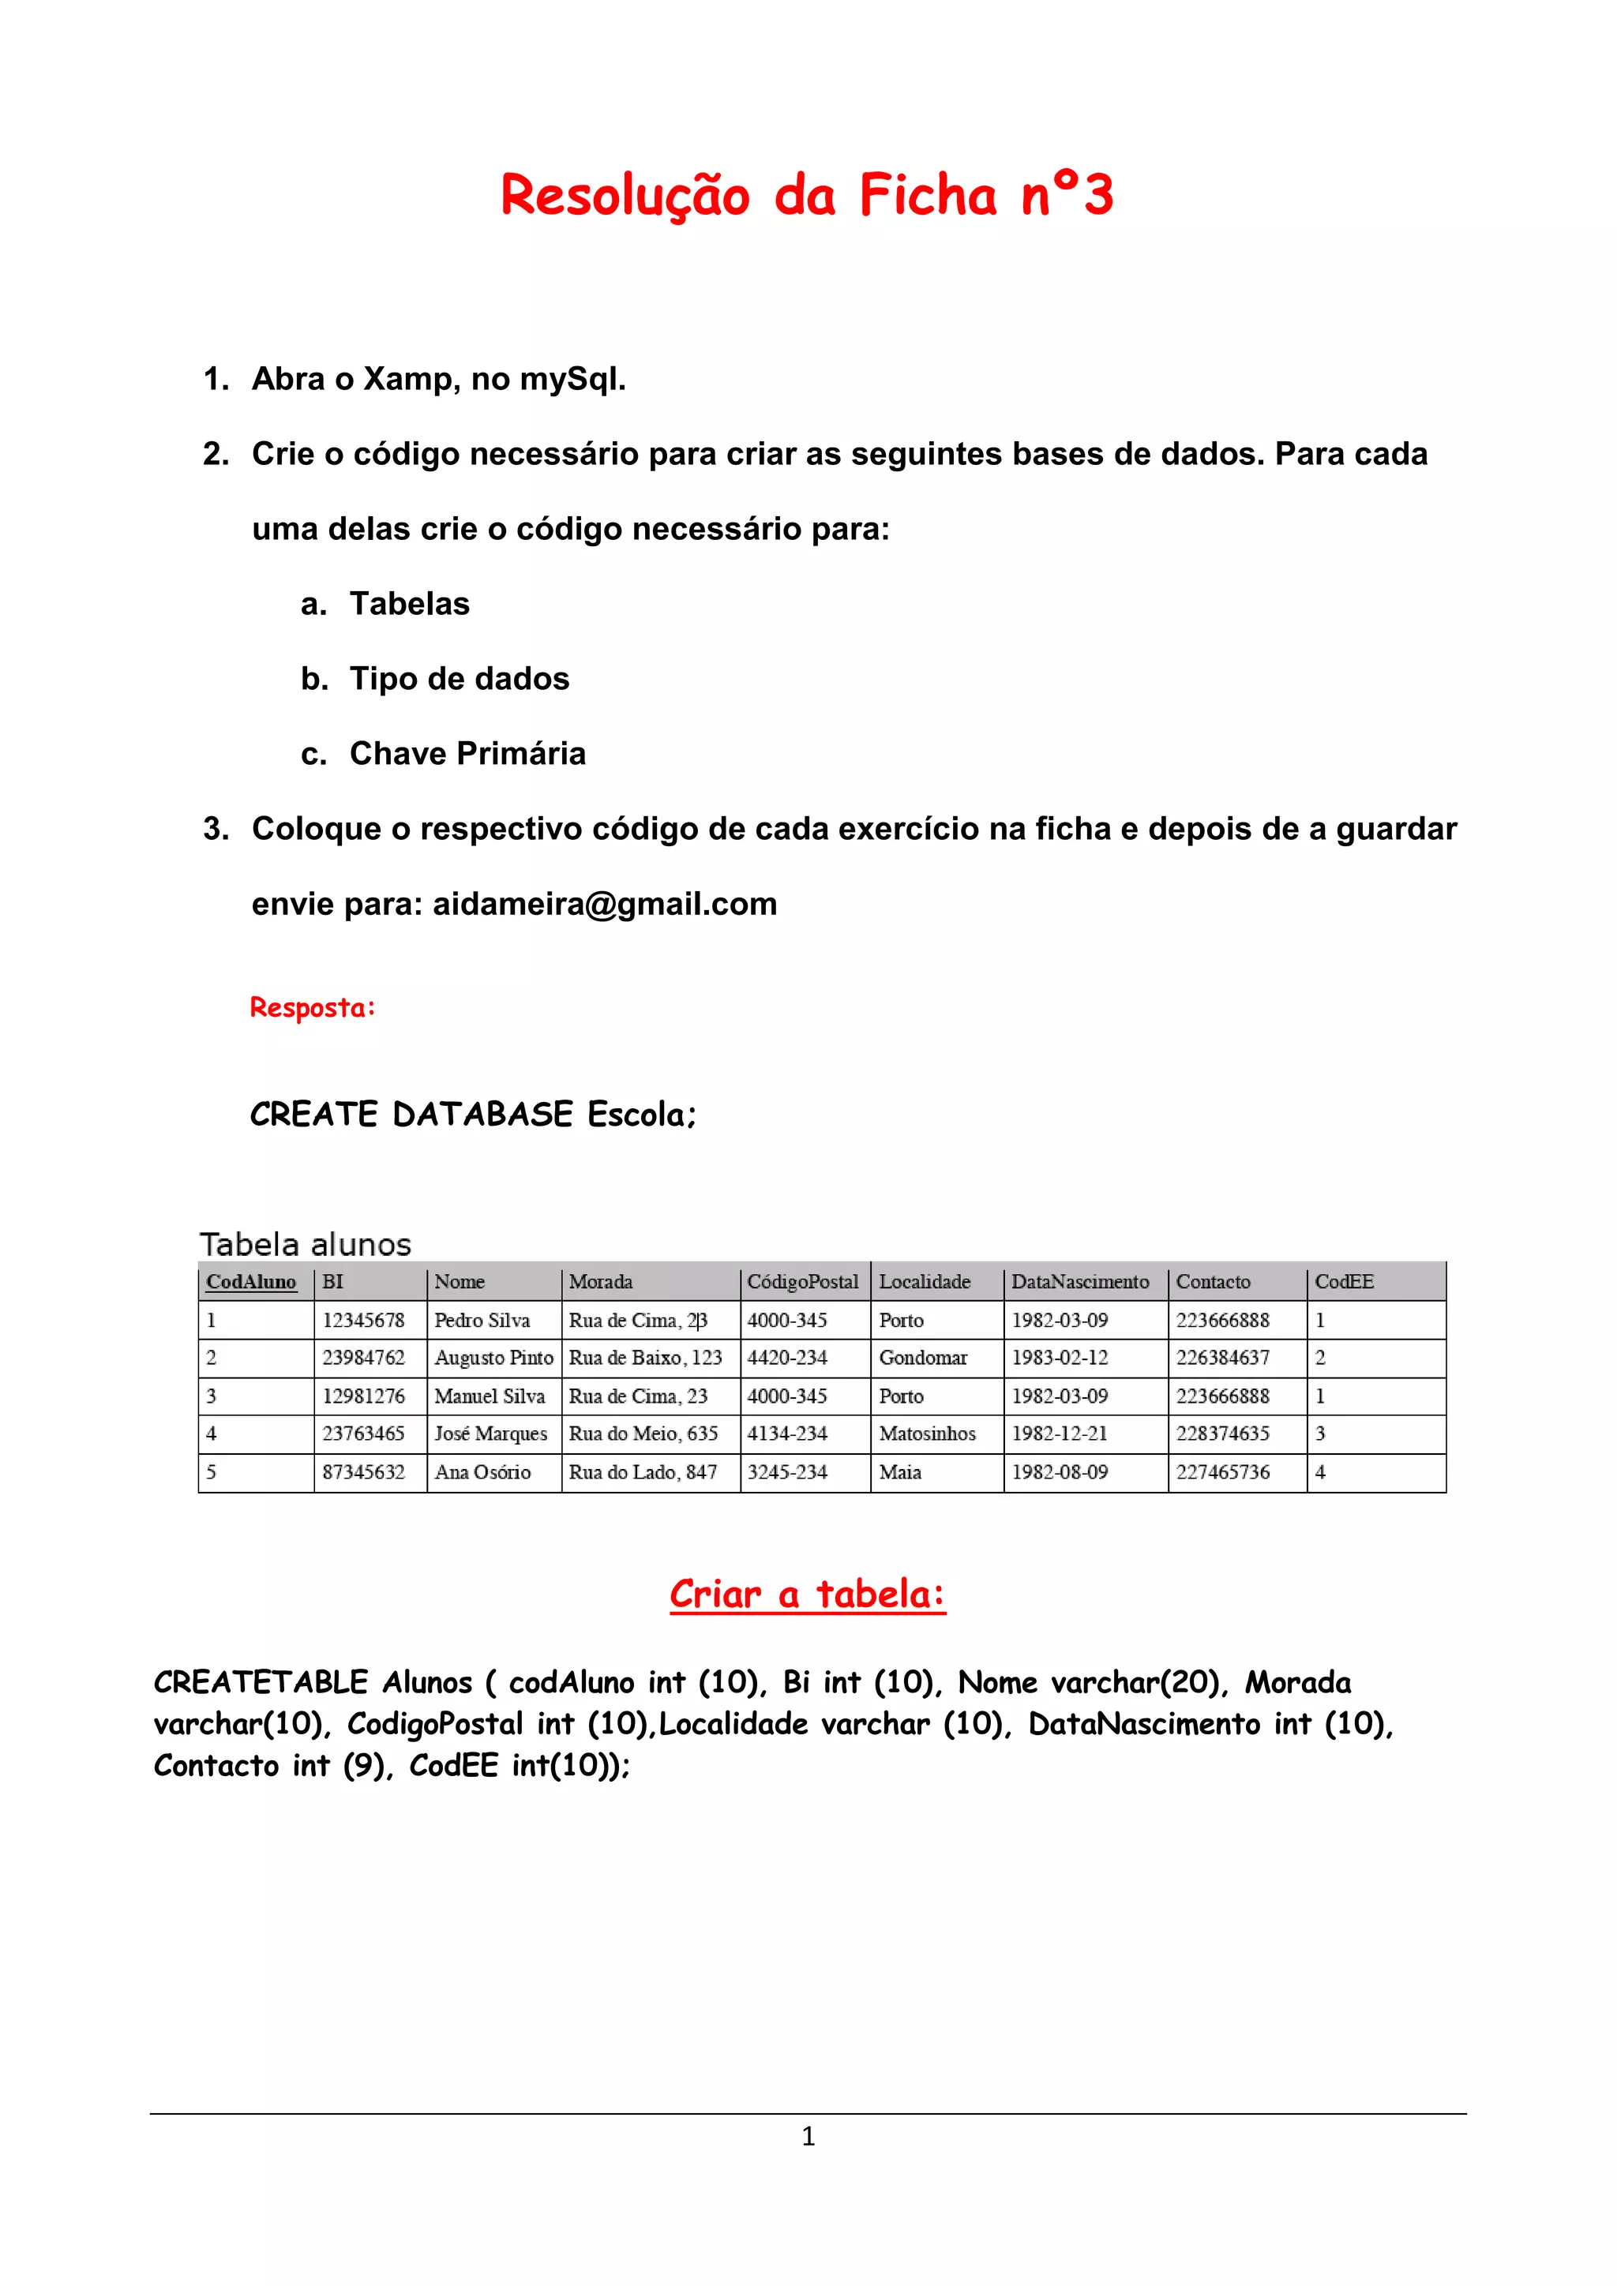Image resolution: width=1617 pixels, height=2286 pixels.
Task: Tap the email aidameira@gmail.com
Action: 604,904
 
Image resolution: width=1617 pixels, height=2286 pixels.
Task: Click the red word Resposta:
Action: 313,1007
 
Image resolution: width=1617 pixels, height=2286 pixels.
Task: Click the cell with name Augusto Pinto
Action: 493,1358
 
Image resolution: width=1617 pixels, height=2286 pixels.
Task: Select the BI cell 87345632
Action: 363,1472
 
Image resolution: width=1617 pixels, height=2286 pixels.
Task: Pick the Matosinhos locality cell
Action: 927,1433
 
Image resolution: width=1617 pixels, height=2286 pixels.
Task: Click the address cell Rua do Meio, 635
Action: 643,1433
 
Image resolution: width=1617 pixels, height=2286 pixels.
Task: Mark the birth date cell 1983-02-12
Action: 1060,1358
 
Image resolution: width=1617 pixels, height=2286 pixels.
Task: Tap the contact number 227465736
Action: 1223,1472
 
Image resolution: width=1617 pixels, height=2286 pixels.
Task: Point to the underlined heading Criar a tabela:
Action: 808,1594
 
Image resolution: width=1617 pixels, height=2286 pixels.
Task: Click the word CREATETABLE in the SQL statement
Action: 261,1683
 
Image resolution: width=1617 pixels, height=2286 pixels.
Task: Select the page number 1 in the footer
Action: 808,2137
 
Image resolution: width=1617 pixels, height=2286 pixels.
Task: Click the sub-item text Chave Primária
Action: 467,754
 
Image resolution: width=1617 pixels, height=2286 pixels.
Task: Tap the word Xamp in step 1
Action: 408,380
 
